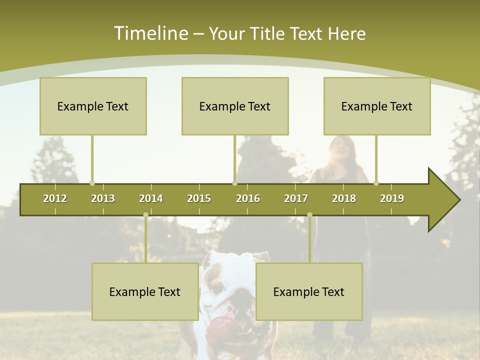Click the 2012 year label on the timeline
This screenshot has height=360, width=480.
tap(55, 198)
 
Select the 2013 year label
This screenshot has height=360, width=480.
tap(103, 198)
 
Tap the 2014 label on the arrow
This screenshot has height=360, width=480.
tap(151, 198)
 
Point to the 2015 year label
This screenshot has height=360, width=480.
tap(199, 198)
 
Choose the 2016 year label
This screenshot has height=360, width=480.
tap(248, 198)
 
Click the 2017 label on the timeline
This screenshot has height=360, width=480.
tap(296, 198)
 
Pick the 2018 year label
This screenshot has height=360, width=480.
tap(344, 198)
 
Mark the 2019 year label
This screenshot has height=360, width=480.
tap(392, 198)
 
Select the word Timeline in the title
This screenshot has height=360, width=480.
tap(150, 33)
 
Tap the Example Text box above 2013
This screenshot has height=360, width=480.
tap(93, 106)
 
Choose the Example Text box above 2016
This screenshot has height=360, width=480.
tap(235, 106)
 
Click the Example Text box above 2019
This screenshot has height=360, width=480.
tap(377, 106)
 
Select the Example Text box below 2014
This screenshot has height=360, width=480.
tap(145, 291)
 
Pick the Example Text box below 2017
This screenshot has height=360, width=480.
tap(309, 291)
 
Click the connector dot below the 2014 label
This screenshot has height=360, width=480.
tap(145, 214)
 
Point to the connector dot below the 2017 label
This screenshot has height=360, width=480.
tap(309, 214)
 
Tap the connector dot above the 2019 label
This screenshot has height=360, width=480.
tap(376, 183)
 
